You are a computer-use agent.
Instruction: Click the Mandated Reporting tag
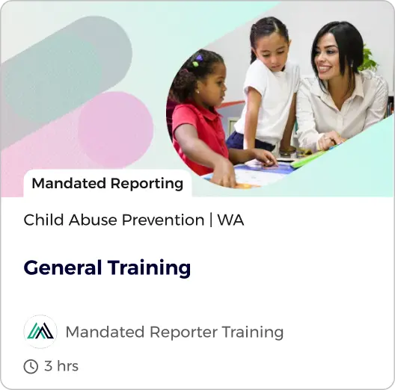click(107, 183)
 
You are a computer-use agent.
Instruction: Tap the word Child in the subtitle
click(42, 220)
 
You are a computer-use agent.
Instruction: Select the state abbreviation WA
click(230, 220)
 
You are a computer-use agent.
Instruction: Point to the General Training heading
click(107, 267)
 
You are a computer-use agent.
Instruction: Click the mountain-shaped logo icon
click(40, 332)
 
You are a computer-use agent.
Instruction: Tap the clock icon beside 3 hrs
click(31, 366)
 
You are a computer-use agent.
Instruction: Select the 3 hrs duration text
click(61, 366)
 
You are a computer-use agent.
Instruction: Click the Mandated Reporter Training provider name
click(174, 332)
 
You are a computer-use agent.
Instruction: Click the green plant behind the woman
click(368, 60)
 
